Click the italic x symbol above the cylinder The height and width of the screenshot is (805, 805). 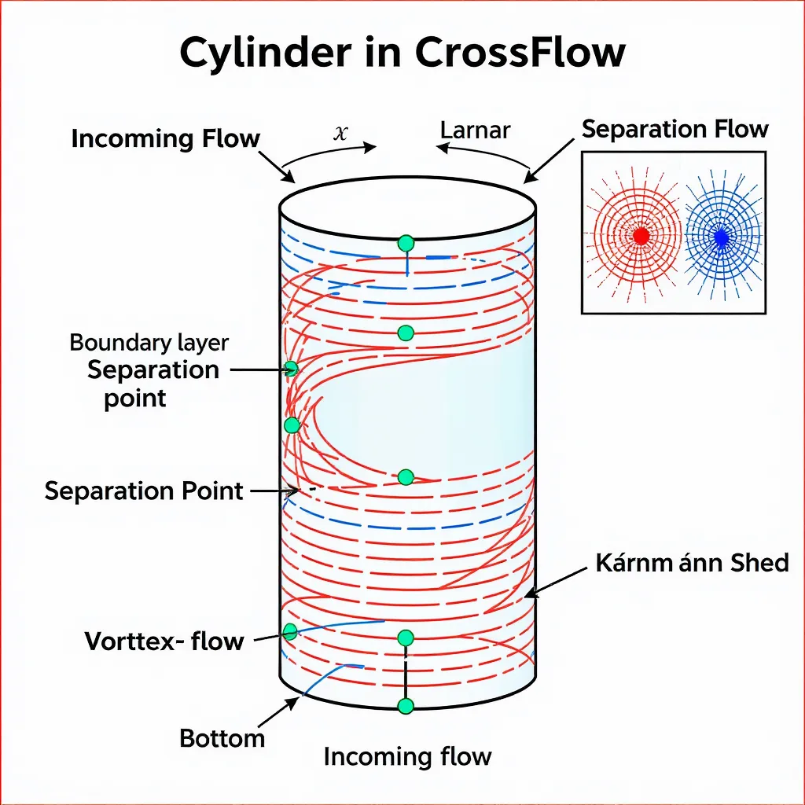click(340, 132)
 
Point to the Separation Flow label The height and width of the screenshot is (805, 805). click(675, 129)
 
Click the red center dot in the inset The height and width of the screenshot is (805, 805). click(641, 235)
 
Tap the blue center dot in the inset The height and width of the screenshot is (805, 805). click(721, 236)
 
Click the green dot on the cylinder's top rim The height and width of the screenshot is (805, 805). click(406, 242)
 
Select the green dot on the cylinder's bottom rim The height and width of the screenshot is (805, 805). click(406, 706)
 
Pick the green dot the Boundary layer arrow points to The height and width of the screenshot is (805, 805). click(292, 368)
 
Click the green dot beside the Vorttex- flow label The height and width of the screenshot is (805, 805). click(290, 630)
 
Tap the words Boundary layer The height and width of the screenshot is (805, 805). click(149, 343)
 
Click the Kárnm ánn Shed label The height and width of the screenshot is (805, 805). click(692, 563)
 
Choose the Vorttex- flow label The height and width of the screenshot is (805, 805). click(164, 641)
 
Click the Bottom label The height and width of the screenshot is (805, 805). click(222, 739)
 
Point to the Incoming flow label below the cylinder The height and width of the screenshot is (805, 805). click(407, 757)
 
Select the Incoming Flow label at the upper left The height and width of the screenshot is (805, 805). click(165, 139)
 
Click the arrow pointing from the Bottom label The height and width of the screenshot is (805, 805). click(278, 714)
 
